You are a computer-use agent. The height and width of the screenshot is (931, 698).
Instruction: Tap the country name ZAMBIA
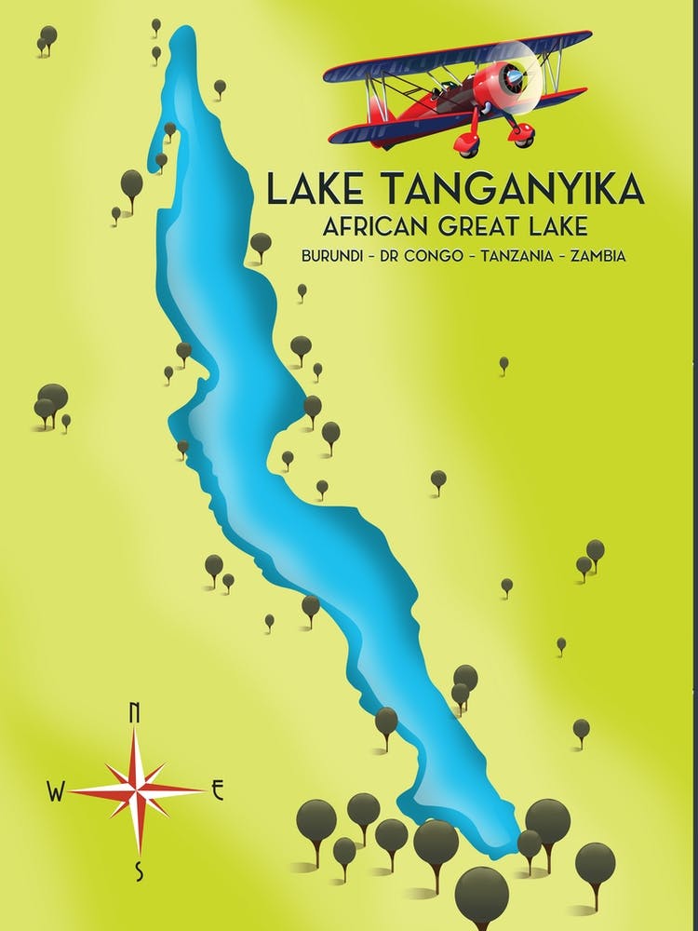(597, 256)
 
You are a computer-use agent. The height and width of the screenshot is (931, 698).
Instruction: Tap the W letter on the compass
(56, 792)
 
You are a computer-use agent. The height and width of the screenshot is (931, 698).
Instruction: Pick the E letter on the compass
(218, 791)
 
